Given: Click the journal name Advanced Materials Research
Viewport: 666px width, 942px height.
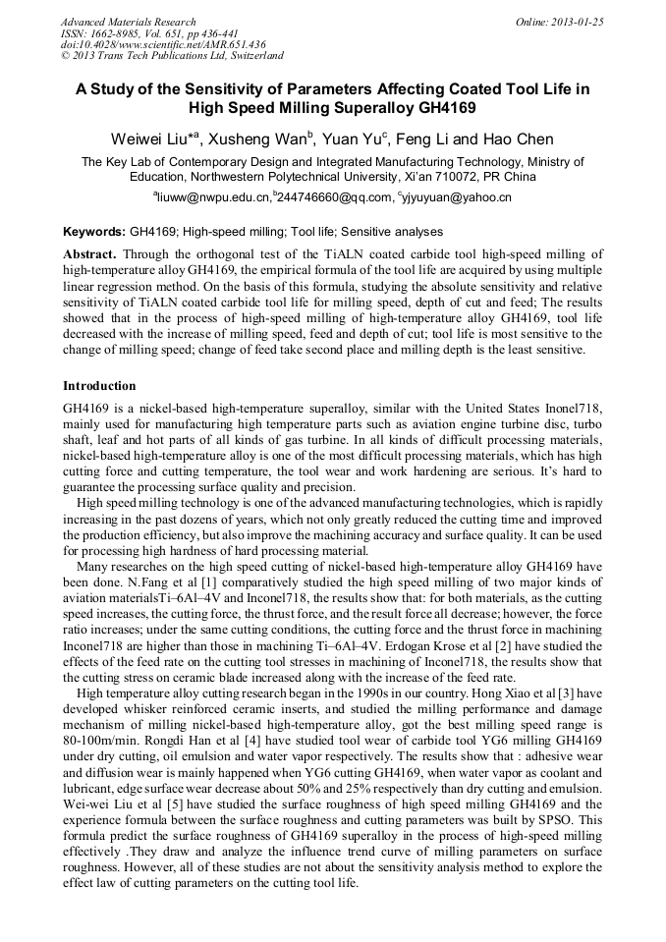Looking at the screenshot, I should (128, 22).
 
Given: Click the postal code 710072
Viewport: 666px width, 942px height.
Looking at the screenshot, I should (461, 177).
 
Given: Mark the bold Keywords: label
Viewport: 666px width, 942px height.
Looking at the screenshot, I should (93, 233).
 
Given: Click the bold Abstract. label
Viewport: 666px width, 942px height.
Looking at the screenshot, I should (89, 253).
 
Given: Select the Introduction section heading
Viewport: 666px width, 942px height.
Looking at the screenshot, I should (99, 386).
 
